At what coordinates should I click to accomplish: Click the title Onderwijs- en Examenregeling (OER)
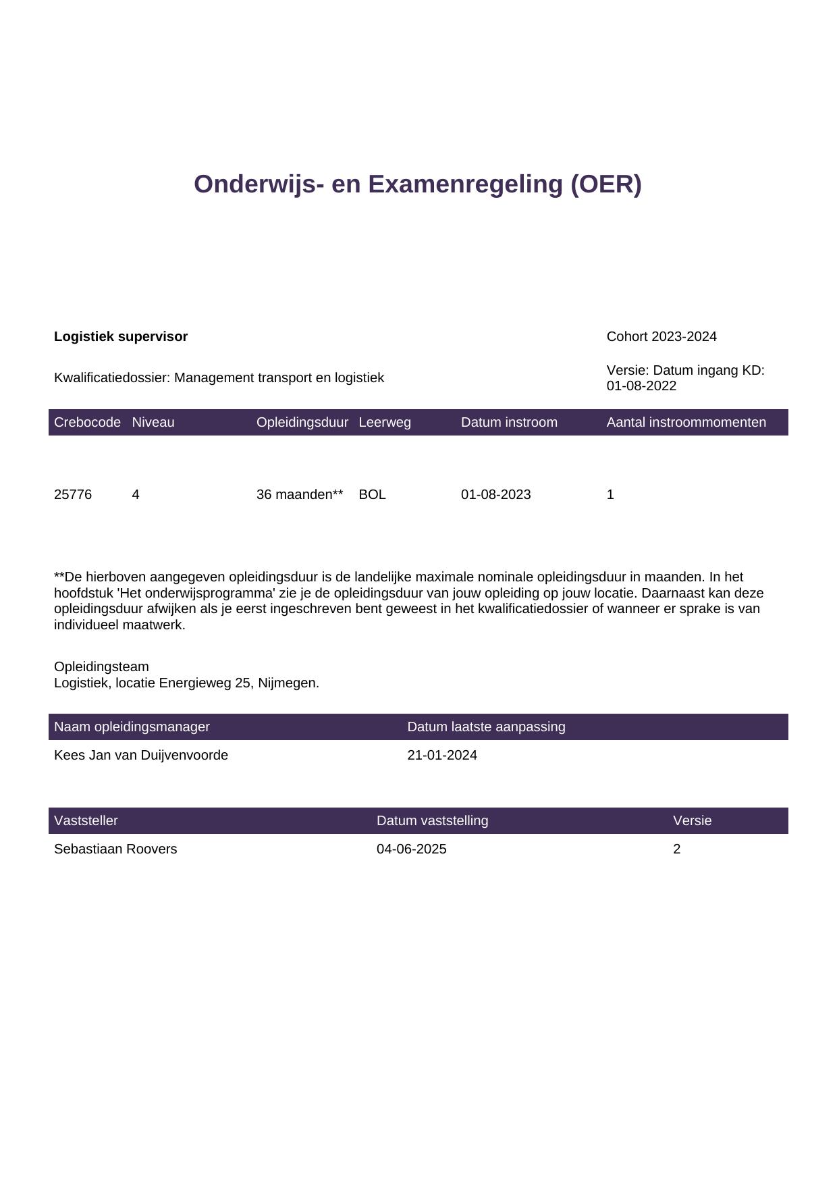tap(417, 184)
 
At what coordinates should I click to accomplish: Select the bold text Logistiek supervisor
tap(121, 336)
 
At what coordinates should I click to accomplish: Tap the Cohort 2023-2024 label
tap(661, 336)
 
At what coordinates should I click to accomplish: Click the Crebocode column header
tap(87, 422)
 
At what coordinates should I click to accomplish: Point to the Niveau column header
tap(153, 422)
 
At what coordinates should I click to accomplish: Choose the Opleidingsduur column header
tap(302, 422)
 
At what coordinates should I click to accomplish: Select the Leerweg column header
tap(385, 422)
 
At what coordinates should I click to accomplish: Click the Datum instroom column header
tap(509, 422)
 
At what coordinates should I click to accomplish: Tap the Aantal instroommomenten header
tap(686, 422)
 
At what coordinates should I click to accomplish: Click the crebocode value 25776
tap(73, 494)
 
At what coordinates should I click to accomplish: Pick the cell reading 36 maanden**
tap(300, 494)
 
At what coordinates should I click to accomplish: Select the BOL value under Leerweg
tap(372, 494)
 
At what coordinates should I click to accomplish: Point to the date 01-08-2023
tap(495, 494)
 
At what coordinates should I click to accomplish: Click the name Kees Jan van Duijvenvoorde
tap(141, 755)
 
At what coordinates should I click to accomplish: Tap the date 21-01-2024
tap(442, 755)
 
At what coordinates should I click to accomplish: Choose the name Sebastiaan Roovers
tap(115, 849)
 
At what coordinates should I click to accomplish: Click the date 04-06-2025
tap(411, 849)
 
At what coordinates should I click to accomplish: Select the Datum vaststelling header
tap(432, 820)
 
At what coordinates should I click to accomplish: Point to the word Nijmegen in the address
tap(288, 683)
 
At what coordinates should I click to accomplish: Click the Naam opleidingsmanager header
tap(132, 727)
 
